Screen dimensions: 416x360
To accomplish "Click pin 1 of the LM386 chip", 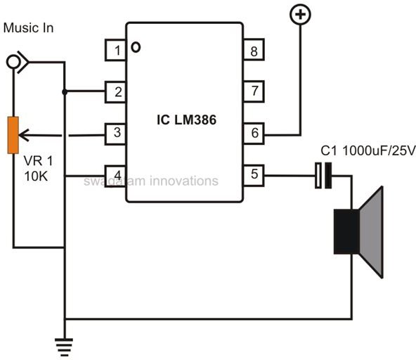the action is click(116, 50).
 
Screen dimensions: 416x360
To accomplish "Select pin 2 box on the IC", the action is click(116, 92).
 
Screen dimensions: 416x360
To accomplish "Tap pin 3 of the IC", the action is click(116, 134).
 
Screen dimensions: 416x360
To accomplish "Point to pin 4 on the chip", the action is click(116, 176).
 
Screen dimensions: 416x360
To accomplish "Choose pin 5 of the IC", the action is click(254, 176).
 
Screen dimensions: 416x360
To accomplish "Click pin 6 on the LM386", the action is click(254, 134).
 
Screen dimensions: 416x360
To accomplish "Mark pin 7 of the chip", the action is click(254, 91).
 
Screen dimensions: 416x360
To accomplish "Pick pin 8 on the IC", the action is click(254, 50).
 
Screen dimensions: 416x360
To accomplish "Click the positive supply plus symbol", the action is click(300, 15).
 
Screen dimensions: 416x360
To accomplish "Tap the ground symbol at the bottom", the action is click(64, 347).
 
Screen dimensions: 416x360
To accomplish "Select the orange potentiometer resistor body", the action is click(13, 135).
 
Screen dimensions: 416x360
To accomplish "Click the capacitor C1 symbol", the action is click(323, 176).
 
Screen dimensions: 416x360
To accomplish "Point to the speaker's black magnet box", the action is click(346, 231).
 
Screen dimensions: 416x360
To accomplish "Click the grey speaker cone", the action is click(372, 232).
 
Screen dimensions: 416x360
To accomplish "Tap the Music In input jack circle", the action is click(13, 62).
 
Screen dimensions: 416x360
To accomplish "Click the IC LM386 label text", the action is click(186, 120).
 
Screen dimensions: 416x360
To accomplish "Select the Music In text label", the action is click(28, 28).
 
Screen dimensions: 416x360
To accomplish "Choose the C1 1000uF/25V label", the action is click(368, 150).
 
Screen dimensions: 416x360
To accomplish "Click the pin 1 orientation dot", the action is click(136, 47).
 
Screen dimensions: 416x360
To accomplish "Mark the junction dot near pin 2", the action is click(65, 92).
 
